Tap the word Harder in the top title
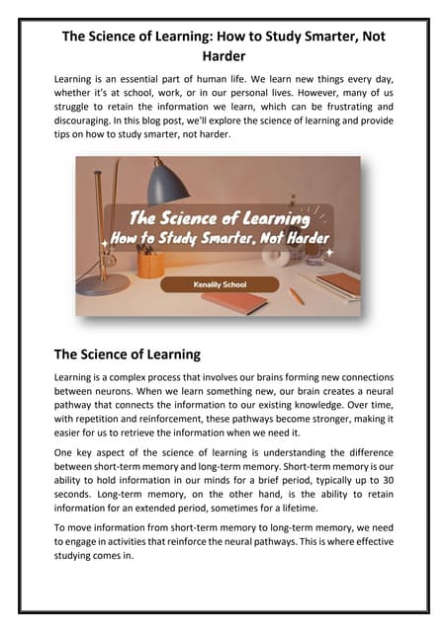point(223,55)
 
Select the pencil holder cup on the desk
point(151,264)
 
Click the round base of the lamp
point(102,284)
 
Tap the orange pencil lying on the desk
point(296,295)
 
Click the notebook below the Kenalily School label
point(234,302)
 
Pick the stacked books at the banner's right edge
point(339,284)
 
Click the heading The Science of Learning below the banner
point(128,354)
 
